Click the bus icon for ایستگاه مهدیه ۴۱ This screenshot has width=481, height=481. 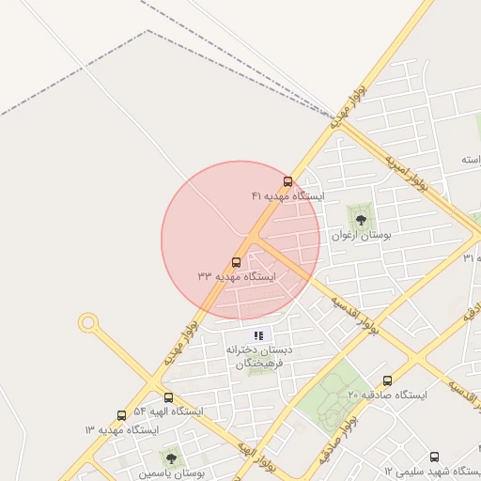pos(287,181)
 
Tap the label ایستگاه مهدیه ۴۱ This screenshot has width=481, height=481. pos(287,196)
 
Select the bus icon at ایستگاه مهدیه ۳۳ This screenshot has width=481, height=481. pos(236,263)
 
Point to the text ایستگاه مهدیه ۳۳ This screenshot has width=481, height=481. pos(236,277)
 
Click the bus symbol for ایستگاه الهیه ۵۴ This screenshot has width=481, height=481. pos(168,398)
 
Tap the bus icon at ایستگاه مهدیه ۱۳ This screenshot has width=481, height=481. pos(121,415)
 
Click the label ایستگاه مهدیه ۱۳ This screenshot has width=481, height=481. pos(121,429)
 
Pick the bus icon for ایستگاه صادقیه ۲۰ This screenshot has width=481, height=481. pos(387,380)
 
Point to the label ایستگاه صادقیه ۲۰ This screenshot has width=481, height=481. pos(387,396)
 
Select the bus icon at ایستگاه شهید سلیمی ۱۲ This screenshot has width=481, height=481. pos(434,457)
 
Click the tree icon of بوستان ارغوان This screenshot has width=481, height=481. pos(361,220)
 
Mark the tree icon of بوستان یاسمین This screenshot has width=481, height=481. pos(171,458)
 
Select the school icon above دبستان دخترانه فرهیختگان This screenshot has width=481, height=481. pos(259,334)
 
